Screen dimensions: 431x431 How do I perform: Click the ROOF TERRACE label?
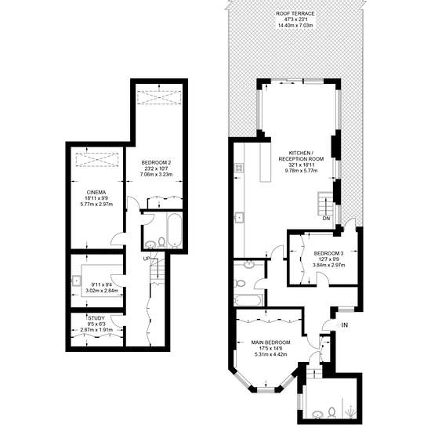tap(295, 13)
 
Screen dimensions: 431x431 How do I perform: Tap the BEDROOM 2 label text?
tap(156, 162)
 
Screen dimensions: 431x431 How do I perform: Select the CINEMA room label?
tap(96, 192)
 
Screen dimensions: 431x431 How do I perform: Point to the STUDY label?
tap(96, 318)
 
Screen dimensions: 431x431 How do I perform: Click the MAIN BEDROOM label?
tap(271, 342)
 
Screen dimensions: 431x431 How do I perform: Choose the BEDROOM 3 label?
tap(329, 253)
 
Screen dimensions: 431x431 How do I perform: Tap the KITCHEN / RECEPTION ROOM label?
tap(301, 156)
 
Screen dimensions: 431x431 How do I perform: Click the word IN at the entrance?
tap(345, 325)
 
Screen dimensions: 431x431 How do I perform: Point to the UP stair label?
tap(147, 259)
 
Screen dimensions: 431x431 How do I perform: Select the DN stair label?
tap(326, 219)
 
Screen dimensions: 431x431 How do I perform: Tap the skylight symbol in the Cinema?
tap(97, 160)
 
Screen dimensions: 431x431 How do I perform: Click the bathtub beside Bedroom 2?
tap(174, 230)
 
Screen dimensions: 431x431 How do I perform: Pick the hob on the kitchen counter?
tap(239, 168)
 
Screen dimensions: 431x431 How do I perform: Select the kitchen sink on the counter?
tap(239, 218)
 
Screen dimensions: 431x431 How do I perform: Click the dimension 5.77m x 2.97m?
tap(96, 204)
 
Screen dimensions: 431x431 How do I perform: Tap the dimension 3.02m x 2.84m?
tap(102, 291)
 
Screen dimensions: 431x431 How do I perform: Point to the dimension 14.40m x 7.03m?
tap(295, 26)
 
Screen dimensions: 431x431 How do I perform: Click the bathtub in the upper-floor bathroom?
tap(247, 300)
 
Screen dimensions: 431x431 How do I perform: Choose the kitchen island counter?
tap(266, 162)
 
